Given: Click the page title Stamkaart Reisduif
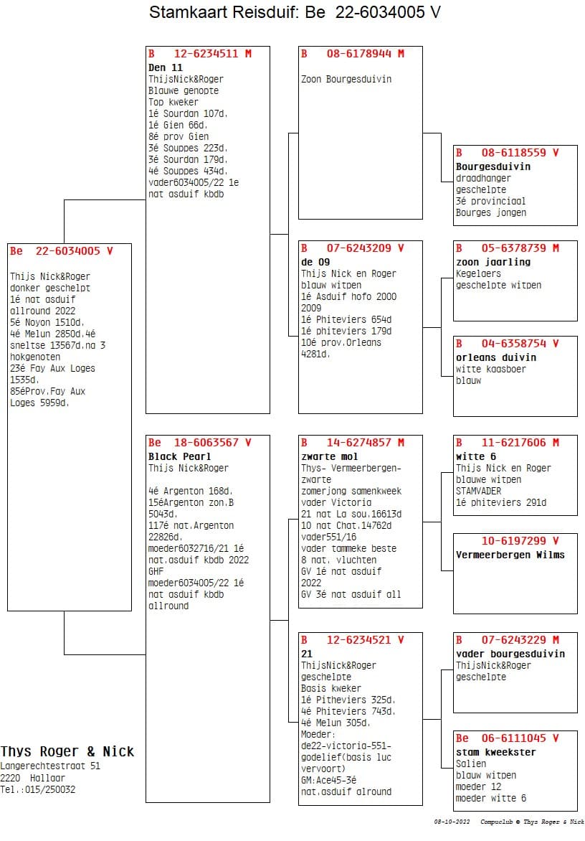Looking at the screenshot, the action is (x=224, y=11).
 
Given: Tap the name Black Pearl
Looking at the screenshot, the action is (x=179, y=456).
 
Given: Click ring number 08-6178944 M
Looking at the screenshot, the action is (x=366, y=54).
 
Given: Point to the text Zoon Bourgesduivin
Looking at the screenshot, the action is (x=346, y=79).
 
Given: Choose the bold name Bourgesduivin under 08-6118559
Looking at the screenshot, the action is (x=493, y=166).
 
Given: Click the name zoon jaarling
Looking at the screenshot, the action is (x=493, y=262).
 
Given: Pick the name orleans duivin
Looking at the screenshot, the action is (x=496, y=357).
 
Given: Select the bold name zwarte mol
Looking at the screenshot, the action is (x=330, y=456).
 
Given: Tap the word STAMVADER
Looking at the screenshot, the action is (x=478, y=491).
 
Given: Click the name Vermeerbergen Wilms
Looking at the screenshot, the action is (x=510, y=555).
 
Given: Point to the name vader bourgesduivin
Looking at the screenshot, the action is (x=510, y=653).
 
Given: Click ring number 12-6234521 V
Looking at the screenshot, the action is (x=366, y=640).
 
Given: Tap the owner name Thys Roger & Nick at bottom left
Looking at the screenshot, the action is (x=67, y=751).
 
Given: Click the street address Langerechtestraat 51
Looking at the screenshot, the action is (x=49, y=766).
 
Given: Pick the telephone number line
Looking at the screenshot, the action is (x=37, y=789).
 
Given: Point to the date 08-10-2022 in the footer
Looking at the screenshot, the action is (x=452, y=822).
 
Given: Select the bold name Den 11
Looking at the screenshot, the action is (x=166, y=67).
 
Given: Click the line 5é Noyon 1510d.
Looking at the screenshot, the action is (x=47, y=322).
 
